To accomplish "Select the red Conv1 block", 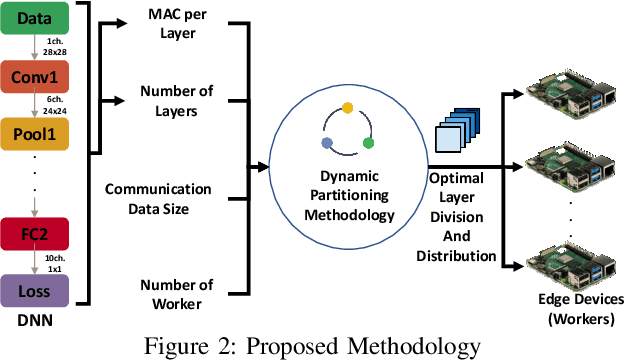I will pyautogui.click(x=36, y=76).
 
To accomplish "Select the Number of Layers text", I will pyautogui.click(x=177, y=100).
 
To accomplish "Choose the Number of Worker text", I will pyautogui.click(x=177, y=293).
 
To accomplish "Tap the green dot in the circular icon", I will pyautogui.click(x=368, y=142).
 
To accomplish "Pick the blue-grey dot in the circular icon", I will pyautogui.click(x=326, y=142).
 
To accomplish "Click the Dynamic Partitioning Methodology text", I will pyautogui.click(x=346, y=195).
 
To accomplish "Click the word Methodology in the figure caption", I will pyautogui.click(x=415, y=345).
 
